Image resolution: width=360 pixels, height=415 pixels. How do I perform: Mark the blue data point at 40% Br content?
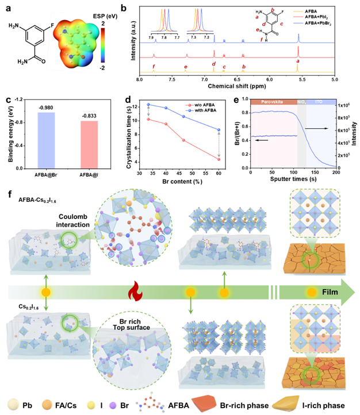(x=166, y=108)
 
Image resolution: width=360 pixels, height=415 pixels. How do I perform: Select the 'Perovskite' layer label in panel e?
(x=270, y=102)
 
